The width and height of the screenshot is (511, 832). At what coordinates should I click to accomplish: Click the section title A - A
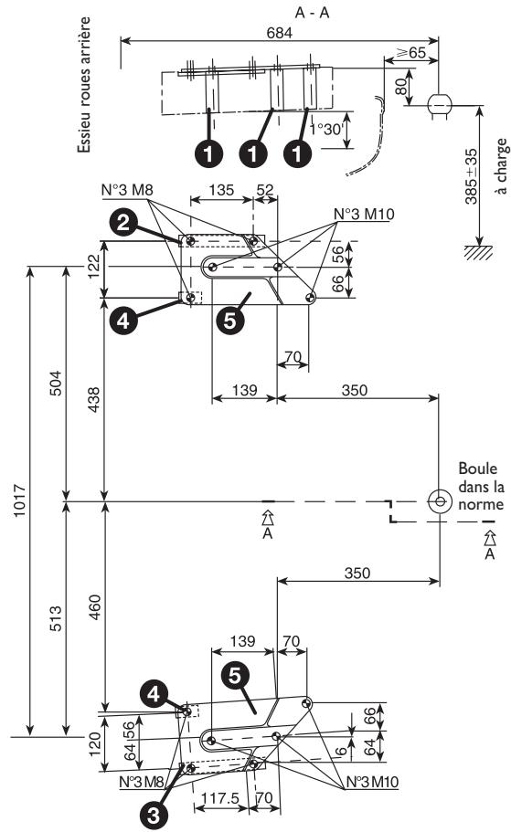pyautogui.click(x=281, y=12)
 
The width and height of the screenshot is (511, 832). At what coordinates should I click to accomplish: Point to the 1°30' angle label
pyautogui.click(x=327, y=130)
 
